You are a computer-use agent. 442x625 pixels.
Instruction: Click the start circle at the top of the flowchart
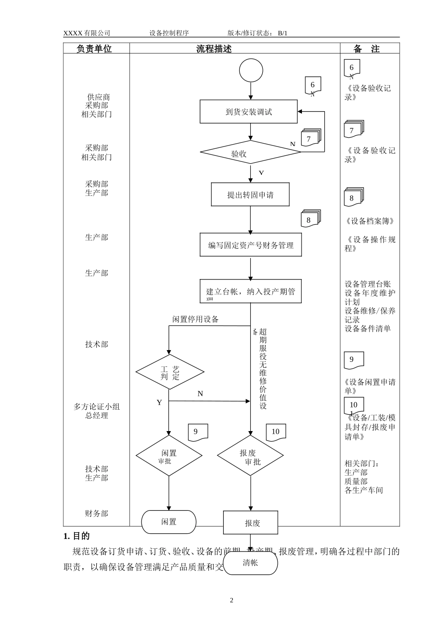[251, 71]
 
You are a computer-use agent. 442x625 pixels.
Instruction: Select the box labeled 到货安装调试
[248, 112]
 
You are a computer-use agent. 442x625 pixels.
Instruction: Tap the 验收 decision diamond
[250, 153]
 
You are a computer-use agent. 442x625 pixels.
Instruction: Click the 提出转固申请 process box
[250, 194]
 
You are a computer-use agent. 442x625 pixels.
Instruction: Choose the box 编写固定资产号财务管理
[251, 245]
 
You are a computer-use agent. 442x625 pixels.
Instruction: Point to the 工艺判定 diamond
[170, 372]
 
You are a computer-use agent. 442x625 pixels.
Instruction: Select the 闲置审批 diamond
[169, 456]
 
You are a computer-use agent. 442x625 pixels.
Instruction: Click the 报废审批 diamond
[251, 456]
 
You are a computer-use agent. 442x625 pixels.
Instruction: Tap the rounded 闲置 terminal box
[169, 522]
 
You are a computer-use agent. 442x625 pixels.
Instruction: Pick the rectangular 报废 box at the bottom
[251, 522]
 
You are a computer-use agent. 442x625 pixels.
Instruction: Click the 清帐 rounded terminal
[251, 563]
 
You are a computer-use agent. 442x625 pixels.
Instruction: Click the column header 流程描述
[214, 49]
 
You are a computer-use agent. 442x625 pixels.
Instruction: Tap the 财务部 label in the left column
[96, 513]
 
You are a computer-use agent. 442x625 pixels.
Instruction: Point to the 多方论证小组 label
[96, 406]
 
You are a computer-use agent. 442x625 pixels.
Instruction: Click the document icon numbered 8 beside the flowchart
[310, 219]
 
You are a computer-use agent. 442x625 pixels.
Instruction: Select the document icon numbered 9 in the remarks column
[353, 360]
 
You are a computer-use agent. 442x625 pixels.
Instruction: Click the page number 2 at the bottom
[232, 600]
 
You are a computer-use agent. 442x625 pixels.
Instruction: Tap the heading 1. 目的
[77, 536]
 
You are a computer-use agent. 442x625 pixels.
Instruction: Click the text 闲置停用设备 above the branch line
[195, 319]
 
